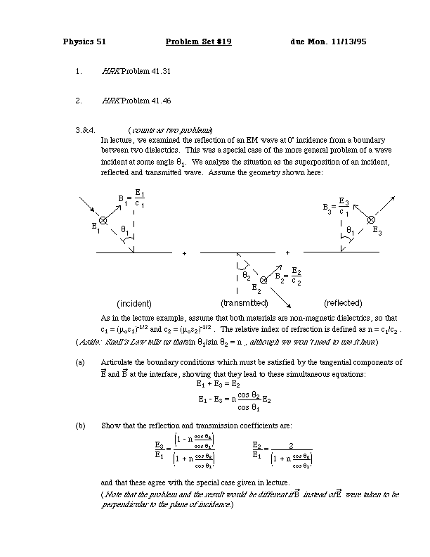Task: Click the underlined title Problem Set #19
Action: point(198,41)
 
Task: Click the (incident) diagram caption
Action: point(134,303)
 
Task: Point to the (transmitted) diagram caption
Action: point(245,303)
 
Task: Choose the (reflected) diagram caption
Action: point(342,303)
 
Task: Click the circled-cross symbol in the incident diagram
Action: point(103,220)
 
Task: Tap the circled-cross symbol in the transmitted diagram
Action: point(263,281)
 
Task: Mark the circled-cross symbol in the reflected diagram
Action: point(371,220)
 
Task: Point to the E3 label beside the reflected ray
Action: point(377,230)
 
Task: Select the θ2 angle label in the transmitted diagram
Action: point(247,276)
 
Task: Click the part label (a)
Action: point(79,363)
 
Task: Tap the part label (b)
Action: point(79,425)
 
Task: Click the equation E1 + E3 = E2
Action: point(221,383)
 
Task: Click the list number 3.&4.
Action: point(84,130)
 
